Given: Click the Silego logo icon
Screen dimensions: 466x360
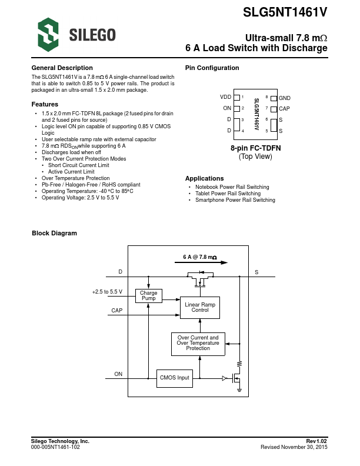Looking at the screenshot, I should coord(48,34).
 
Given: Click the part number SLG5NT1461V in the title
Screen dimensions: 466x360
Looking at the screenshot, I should coord(285,12).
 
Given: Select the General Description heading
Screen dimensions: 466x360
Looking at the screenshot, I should coord(62,68).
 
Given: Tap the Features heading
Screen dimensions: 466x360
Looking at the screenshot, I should coord(44,104).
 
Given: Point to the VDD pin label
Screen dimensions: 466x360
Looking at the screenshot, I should coord(225,97).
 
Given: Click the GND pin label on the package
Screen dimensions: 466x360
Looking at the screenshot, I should coord(285,98).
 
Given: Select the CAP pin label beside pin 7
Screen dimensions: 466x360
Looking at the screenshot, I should coord(284,108).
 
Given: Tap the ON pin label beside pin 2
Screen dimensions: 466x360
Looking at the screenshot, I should coord(227,108).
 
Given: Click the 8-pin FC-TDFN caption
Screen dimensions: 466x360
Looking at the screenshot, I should coord(255,148).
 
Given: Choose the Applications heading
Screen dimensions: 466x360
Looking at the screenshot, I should coord(204,178).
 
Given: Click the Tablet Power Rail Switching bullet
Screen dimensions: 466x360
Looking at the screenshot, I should coord(228,194).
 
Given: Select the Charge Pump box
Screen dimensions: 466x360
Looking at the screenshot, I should coord(149,295).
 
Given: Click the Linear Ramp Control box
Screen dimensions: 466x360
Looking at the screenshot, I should coord(200,307).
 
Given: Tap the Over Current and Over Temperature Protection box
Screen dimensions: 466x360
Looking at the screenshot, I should coord(198,344).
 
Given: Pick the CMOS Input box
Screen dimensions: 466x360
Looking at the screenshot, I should coord(175,378).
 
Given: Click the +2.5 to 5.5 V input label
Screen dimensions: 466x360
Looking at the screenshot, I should coord(107,292).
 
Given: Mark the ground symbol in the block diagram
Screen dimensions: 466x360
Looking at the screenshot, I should coord(239,389).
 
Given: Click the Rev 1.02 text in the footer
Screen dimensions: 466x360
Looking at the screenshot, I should coord(316,441).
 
